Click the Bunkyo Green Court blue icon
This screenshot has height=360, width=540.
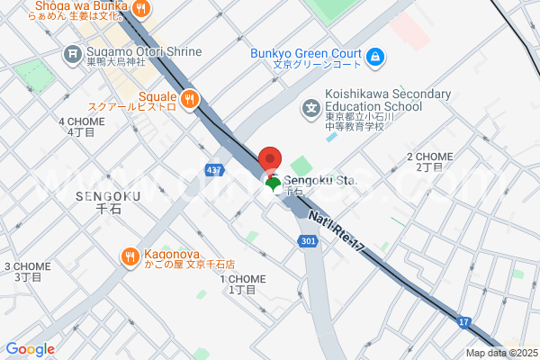(376, 58)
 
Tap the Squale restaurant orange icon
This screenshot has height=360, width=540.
(189, 99)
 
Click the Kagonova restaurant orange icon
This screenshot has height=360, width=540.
(130, 257)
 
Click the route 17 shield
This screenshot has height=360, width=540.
(463, 320)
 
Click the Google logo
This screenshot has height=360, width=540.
(30, 349)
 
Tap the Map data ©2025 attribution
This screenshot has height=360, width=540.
(500, 353)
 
